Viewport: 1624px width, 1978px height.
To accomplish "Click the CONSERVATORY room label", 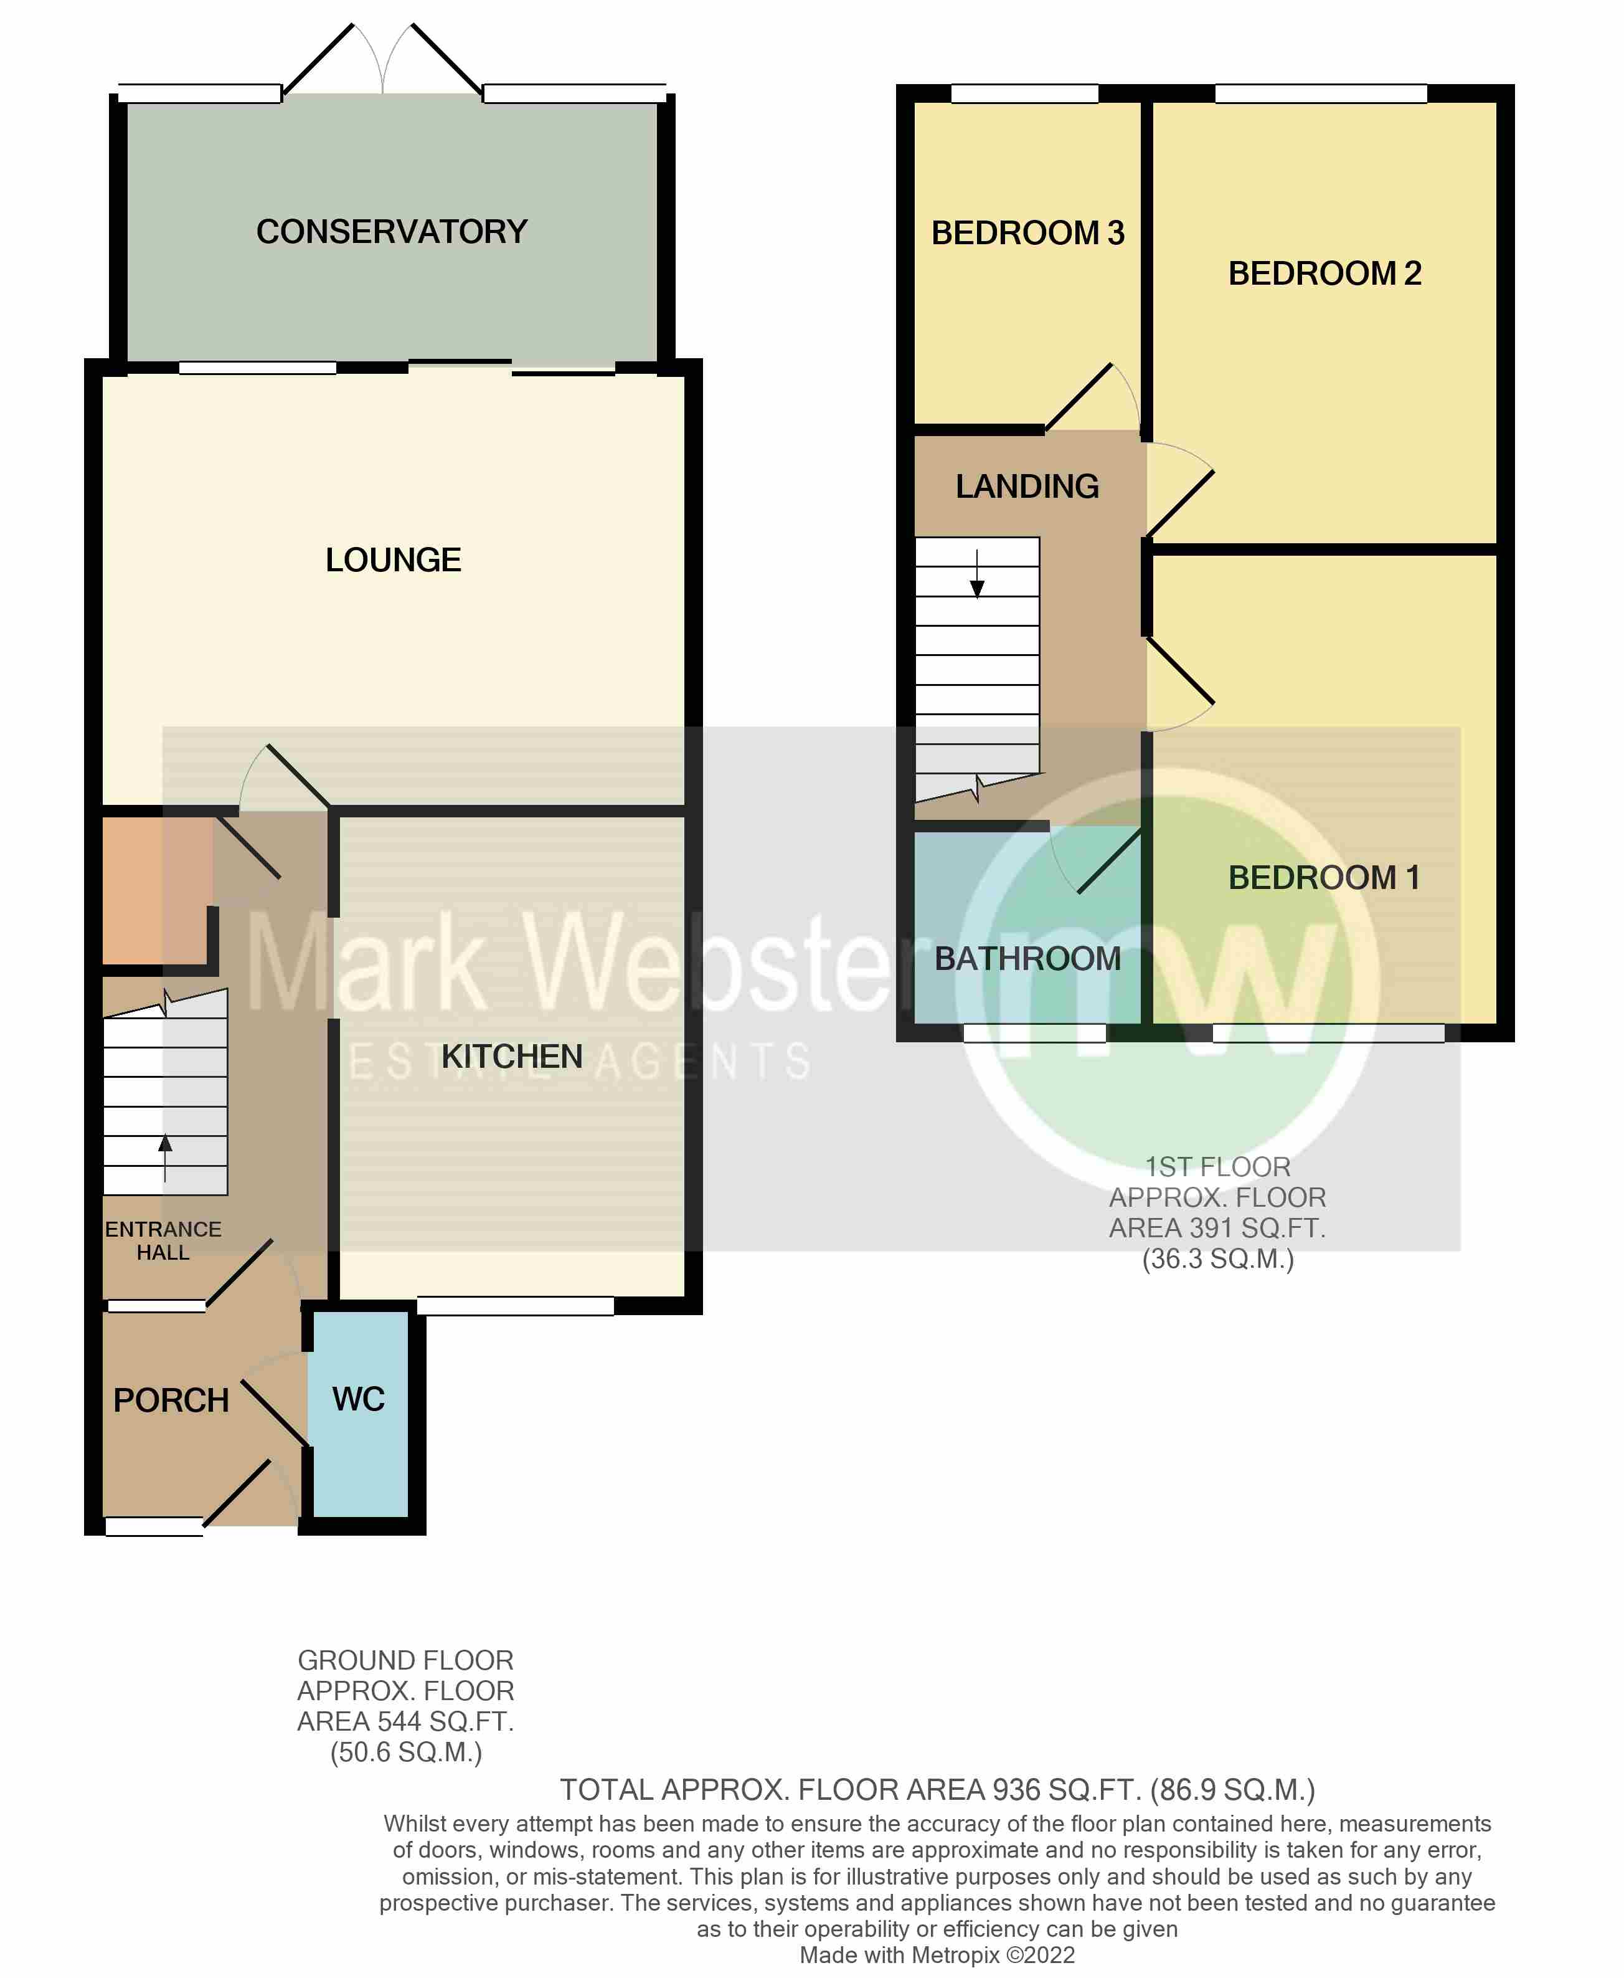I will pos(392,231).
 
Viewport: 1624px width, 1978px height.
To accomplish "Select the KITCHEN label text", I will pos(512,1057).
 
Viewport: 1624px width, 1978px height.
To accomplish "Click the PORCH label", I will pos(171,1400).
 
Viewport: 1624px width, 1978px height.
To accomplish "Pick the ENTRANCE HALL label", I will pos(164,1241).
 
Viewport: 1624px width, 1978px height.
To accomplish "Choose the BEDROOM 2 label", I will pos(1324,273).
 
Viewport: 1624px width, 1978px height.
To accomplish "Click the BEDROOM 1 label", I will pos(1324,878).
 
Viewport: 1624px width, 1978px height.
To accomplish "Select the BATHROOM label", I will pos(1027,958).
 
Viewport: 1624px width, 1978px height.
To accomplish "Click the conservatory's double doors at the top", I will pos(382,61).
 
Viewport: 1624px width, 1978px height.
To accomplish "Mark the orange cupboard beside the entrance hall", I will pos(154,889).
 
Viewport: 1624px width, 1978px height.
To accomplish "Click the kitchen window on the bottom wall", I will pos(516,1306).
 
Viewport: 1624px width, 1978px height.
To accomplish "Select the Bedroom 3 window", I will pos(1024,93).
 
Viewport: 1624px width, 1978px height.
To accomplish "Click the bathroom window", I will pos(1035,1033).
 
